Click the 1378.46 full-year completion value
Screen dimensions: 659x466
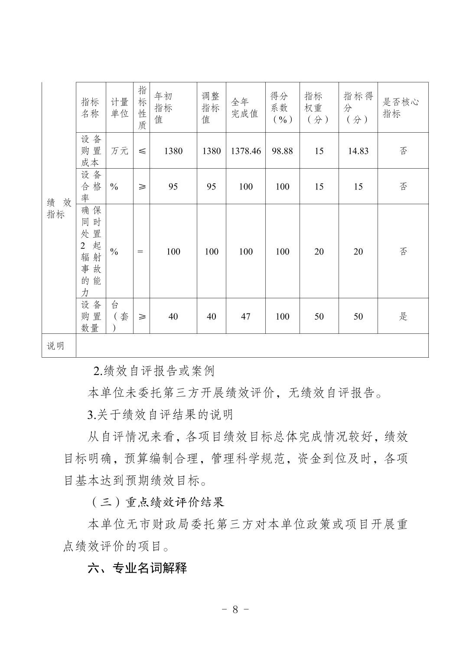(245, 151)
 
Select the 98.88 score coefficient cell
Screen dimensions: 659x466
(282, 151)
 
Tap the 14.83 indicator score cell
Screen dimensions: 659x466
(358, 151)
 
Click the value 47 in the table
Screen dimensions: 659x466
(245, 316)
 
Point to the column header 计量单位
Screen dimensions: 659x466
(120, 108)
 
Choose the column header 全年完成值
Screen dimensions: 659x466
(244, 108)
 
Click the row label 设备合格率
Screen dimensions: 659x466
(91, 186)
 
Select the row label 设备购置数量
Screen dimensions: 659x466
(91, 316)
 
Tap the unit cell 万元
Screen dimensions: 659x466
(120, 151)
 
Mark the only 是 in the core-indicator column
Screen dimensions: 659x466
(403, 316)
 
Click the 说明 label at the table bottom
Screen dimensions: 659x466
(55, 346)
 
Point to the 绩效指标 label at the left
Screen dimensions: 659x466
(59, 209)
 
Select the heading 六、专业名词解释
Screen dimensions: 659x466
(137, 568)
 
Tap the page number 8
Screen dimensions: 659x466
(235, 609)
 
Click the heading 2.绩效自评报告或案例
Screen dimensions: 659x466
(154, 371)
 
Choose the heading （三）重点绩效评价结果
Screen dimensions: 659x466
(157, 502)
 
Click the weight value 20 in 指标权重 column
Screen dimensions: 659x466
(319, 251)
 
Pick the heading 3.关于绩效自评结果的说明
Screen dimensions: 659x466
(160, 415)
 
